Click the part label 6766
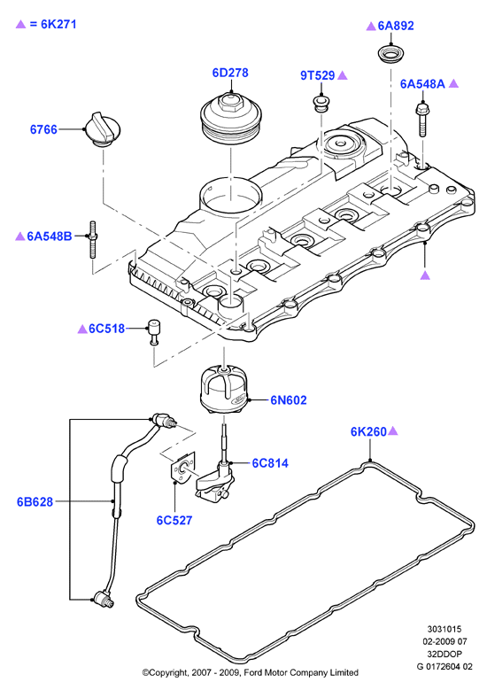pos(43,129)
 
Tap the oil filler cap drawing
pos(103,129)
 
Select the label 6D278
pos(230,73)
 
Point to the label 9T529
pos(318,75)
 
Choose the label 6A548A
pos(422,83)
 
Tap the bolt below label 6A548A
pos(422,120)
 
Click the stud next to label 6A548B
pos(93,240)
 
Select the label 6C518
pos(107,329)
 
